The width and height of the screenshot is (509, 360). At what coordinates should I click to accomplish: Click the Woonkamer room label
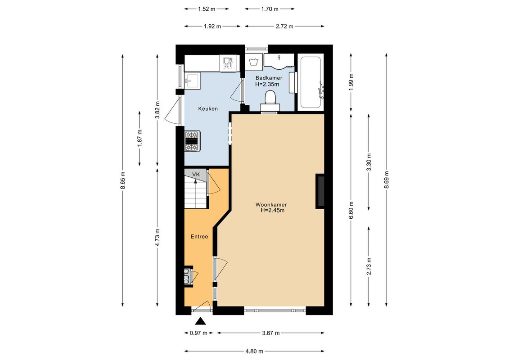tap(271, 204)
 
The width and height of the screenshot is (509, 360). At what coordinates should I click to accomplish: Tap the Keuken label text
tap(208, 109)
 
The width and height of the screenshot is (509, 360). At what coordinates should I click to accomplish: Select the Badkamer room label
tap(269, 78)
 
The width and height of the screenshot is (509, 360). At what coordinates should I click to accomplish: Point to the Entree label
tap(199, 237)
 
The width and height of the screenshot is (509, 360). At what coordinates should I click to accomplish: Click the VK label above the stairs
tap(196, 174)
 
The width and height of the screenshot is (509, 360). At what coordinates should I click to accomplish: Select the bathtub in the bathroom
tap(311, 82)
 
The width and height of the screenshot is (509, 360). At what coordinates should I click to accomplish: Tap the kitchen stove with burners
tap(192, 141)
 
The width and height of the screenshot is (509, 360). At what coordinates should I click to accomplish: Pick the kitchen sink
tap(192, 81)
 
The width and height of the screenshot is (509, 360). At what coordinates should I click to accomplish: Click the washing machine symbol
tap(253, 62)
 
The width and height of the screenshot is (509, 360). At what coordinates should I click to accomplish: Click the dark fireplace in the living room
tap(320, 191)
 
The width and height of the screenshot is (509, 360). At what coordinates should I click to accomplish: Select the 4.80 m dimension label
tap(254, 351)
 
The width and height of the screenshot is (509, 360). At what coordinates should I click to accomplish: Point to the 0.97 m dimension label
tap(198, 333)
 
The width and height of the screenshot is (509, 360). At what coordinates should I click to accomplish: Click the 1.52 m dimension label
tap(207, 9)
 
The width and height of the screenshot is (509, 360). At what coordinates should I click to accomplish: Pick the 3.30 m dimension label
tap(369, 162)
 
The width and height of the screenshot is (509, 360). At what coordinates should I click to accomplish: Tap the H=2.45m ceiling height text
tap(272, 210)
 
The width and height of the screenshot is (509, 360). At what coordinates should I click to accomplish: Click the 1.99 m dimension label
tap(351, 82)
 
